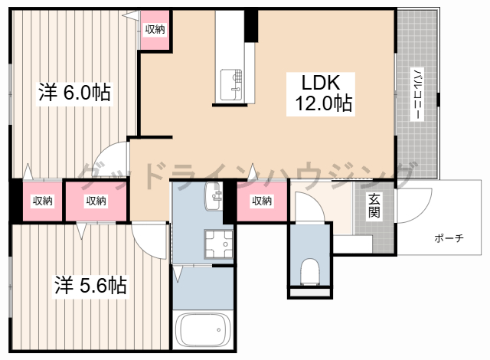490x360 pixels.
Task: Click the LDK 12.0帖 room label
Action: tap(321, 93)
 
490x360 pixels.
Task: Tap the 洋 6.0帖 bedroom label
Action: tap(74, 92)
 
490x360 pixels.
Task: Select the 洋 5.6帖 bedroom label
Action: tap(90, 285)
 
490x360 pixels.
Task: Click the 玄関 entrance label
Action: tap(374, 205)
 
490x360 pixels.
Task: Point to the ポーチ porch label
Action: tap(449, 238)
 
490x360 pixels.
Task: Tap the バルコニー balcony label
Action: tap(416, 93)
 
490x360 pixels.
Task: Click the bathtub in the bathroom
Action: tap(203, 329)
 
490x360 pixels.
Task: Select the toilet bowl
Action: tap(309, 271)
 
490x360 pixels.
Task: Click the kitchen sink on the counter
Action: tap(231, 84)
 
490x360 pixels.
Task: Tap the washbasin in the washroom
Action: tap(214, 196)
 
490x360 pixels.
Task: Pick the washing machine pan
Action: tap(218, 244)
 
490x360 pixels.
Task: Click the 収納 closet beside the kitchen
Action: tap(155, 30)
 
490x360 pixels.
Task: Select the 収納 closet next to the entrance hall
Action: tap(262, 201)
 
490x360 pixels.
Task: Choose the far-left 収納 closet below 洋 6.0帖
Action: tap(43, 201)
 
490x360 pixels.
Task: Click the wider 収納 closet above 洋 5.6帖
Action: tap(96, 201)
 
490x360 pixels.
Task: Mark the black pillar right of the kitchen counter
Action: tap(251, 26)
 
